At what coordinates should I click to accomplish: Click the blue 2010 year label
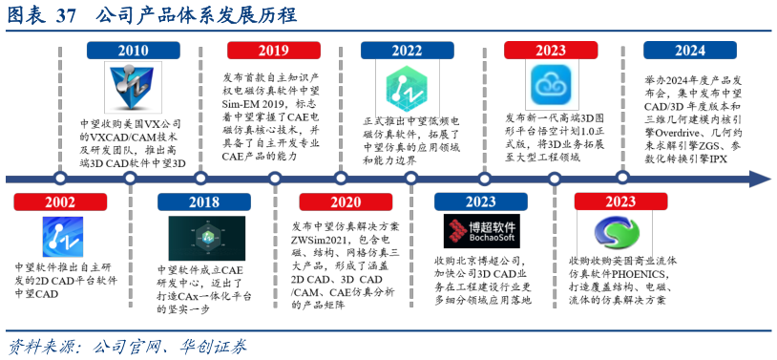click(133, 51)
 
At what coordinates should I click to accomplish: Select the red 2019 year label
click(273, 51)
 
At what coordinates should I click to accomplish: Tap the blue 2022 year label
click(407, 51)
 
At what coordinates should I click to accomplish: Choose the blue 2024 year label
click(689, 51)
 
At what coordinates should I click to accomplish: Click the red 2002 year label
click(60, 201)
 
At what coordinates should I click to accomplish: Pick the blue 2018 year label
click(203, 201)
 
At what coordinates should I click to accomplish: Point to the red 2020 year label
click(346, 201)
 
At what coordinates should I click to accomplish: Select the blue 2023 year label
click(480, 201)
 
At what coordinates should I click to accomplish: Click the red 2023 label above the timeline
click(550, 51)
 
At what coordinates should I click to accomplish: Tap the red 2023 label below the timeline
click(620, 201)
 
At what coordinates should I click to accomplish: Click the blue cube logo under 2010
click(133, 87)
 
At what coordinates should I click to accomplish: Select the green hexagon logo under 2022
click(401, 88)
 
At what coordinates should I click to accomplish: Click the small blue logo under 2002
click(63, 237)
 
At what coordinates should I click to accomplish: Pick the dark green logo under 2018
click(206, 238)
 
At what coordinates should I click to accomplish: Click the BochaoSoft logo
click(482, 232)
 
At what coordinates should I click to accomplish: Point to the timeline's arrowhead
click(760, 179)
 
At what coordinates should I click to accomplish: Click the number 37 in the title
click(66, 15)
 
